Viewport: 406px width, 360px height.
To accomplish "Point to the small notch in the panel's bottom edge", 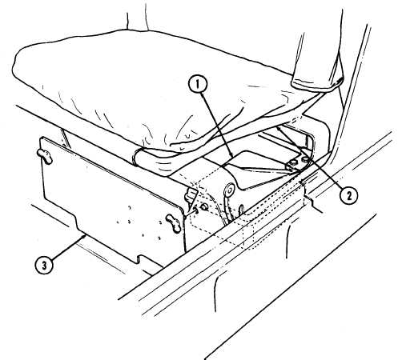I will [142, 258].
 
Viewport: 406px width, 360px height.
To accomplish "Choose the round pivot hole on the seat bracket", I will [229, 190].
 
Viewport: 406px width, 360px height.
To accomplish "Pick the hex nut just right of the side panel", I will [205, 206].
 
